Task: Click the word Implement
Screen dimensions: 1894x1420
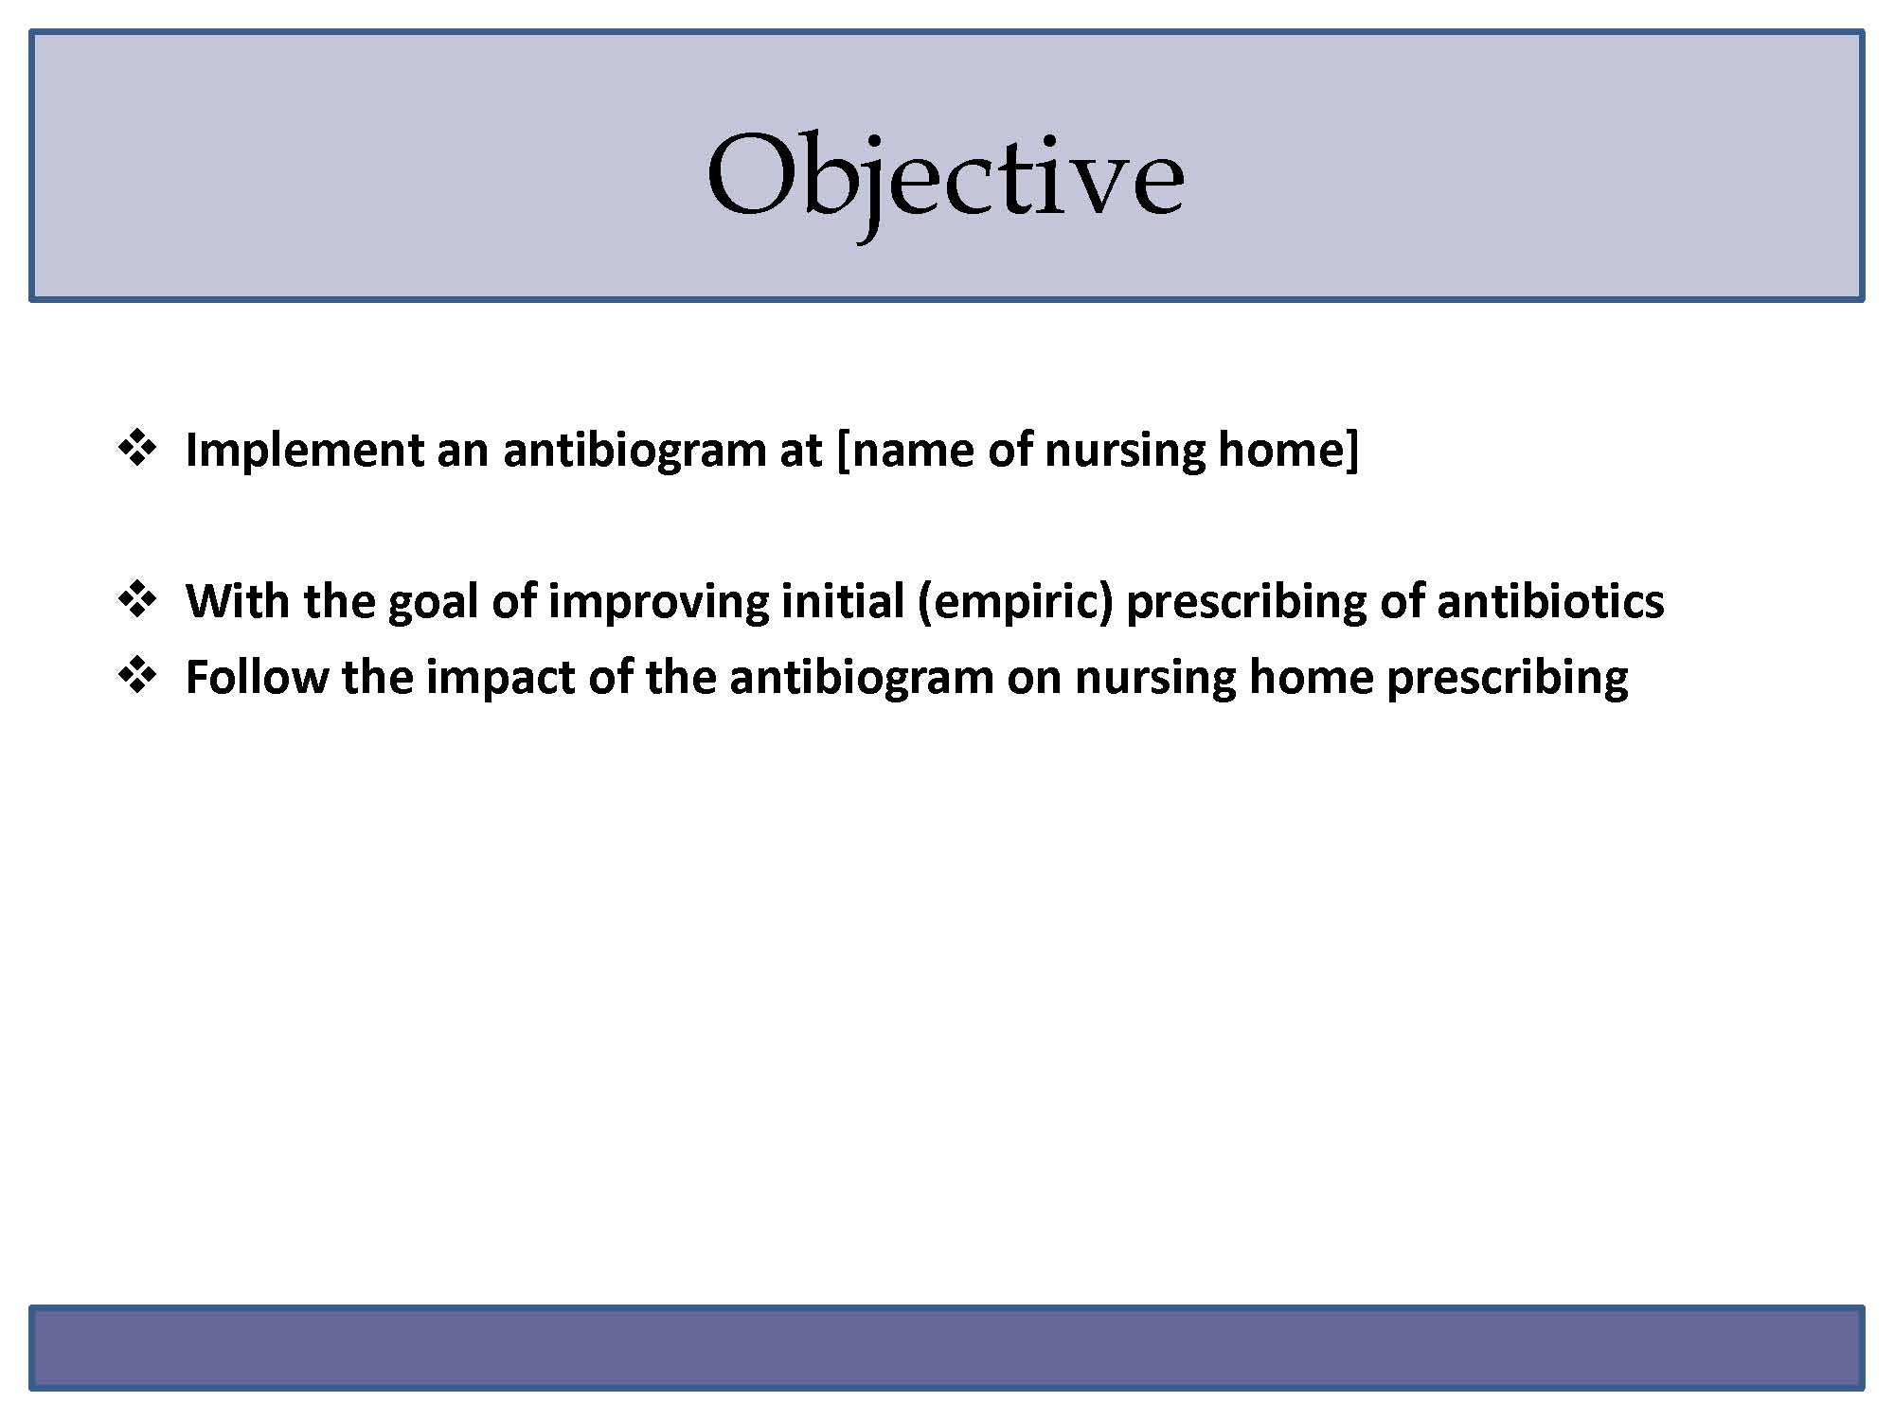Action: click(x=304, y=451)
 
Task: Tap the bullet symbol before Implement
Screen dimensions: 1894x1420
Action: click(x=137, y=448)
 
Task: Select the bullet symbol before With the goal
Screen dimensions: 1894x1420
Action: click(x=137, y=599)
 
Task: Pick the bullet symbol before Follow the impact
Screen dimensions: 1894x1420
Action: click(x=137, y=675)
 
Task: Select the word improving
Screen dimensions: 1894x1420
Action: click(x=659, y=603)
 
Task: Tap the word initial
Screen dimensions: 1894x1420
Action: click(x=843, y=600)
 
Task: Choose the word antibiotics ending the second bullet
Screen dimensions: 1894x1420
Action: click(x=1550, y=600)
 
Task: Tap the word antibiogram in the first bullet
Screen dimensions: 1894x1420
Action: click(x=634, y=451)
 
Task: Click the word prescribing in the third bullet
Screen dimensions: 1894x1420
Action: click(x=1508, y=679)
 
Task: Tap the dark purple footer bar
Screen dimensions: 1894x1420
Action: click(x=947, y=1348)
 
